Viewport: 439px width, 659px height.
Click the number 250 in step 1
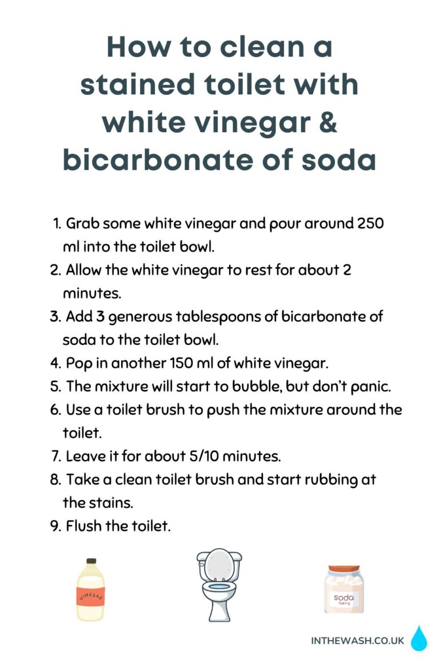click(x=370, y=224)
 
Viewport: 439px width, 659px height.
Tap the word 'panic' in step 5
click(x=370, y=386)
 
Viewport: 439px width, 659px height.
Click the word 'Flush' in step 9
click(x=83, y=526)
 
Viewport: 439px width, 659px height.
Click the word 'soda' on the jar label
click(x=344, y=598)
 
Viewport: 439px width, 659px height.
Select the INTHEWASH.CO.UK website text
click(x=357, y=641)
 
